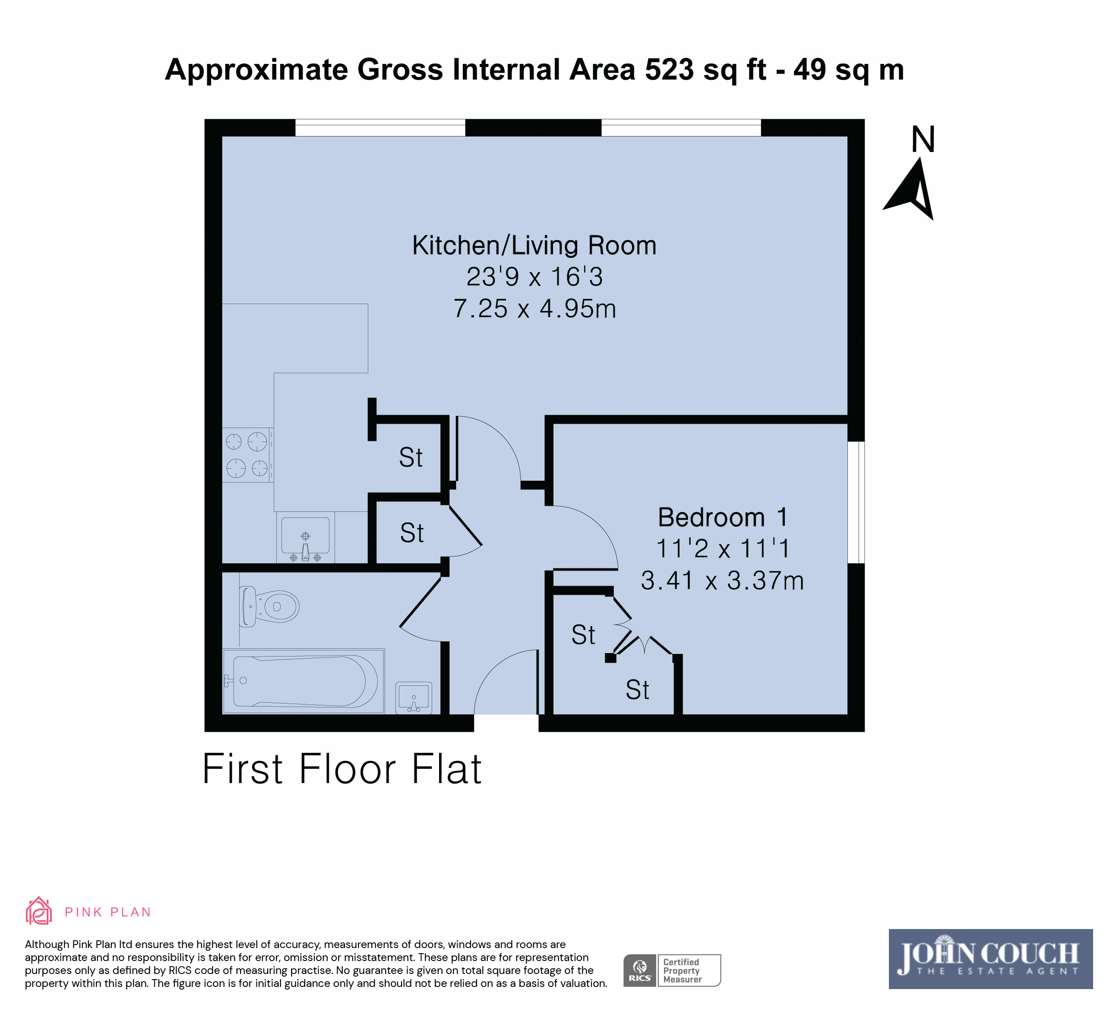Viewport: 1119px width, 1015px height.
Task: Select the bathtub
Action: click(303, 681)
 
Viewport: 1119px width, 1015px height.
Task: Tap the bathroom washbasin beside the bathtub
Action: click(414, 698)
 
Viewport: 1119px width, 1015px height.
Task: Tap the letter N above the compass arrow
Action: click(923, 140)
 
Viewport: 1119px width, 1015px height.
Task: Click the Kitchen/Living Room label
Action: click(534, 245)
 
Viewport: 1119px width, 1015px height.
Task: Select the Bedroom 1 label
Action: click(722, 517)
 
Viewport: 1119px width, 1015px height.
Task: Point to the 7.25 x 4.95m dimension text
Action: click(534, 309)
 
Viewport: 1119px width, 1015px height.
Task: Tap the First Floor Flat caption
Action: click(342, 770)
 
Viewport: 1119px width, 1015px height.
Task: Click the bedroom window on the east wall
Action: click(856, 502)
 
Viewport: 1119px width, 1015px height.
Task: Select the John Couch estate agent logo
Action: click(990, 959)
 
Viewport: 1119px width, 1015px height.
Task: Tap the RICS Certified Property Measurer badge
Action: click(672, 970)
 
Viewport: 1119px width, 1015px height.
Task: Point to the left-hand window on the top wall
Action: click(380, 128)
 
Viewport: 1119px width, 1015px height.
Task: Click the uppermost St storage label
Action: click(411, 457)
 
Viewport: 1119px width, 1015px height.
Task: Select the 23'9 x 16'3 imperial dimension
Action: click(534, 277)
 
